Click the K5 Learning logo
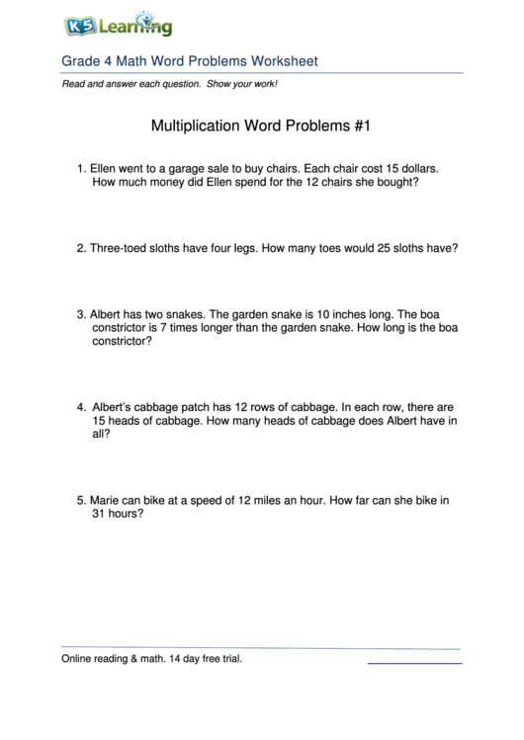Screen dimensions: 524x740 118,26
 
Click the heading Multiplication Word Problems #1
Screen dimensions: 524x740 262,126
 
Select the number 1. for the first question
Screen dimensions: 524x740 81,169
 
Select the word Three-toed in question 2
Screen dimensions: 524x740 119,249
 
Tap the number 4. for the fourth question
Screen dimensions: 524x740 81,406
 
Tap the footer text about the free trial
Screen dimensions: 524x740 151,658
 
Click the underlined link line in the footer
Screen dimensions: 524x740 414,662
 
